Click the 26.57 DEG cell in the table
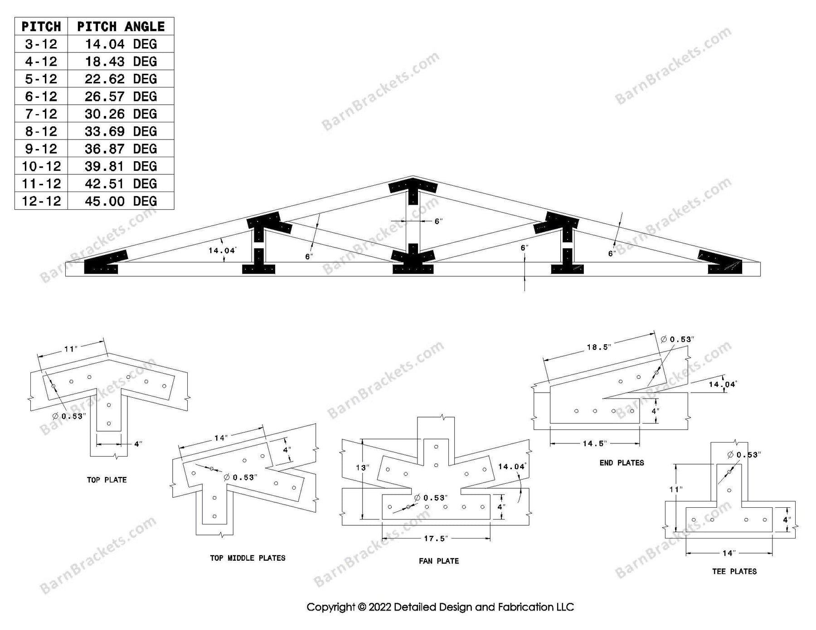pos(121,96)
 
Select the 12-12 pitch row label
pos(41,201)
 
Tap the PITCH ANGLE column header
pos(121,27)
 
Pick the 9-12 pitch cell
pos(41,149)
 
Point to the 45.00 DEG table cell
pos(121,201)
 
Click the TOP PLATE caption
pos(107,480)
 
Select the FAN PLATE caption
pos(439,561)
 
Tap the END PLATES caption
pos(622,463)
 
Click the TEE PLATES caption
pos(734,572)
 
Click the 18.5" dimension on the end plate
pos(599,347)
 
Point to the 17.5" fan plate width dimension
pos(436,539)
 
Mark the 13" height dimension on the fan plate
pos(362,467)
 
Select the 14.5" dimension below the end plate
pos(594,443)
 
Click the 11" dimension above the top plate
pos(71,349)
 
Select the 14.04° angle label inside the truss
pos(222,250)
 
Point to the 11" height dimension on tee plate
pos(675,490)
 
